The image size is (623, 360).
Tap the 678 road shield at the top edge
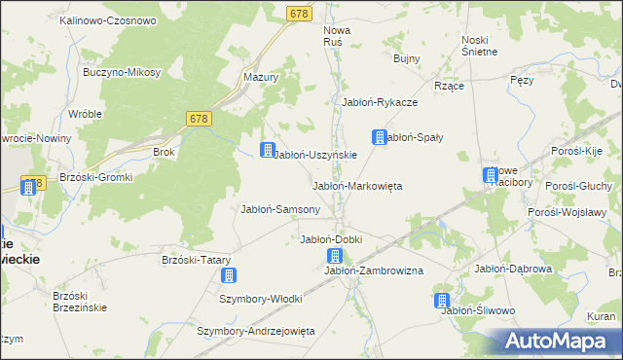pos(300,13)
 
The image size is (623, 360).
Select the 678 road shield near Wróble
pos(199,118)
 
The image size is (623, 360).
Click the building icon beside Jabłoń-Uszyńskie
pos(266,150)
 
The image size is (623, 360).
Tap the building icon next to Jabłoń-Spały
pos(380,138)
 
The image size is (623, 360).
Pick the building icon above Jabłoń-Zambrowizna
pos(335,257)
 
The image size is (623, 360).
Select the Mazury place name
pos(261,76)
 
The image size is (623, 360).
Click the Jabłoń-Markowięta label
pos(356,185)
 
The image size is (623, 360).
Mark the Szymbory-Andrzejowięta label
pos(256,331)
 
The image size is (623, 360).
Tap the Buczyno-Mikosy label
pos(124,73)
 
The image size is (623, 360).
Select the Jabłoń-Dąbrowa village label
pos(513,269)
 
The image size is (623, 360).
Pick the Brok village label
pos(164,152)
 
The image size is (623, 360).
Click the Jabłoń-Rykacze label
pos(380,102)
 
